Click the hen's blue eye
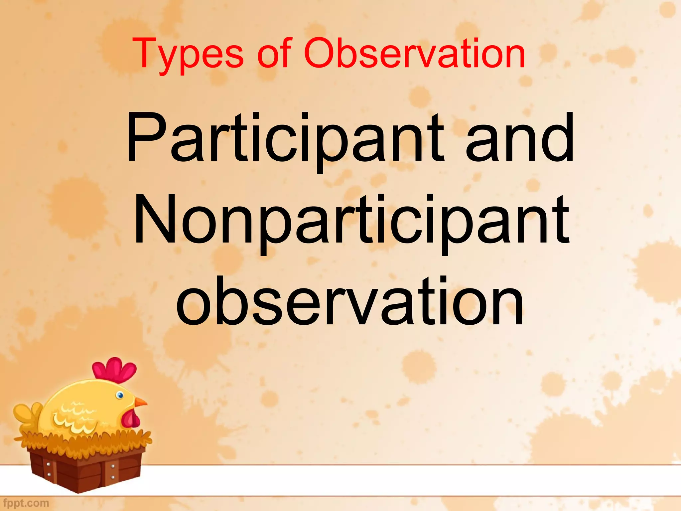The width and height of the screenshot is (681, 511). [x=120, y=395]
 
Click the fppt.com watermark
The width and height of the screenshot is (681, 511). [x=26, y=503]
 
